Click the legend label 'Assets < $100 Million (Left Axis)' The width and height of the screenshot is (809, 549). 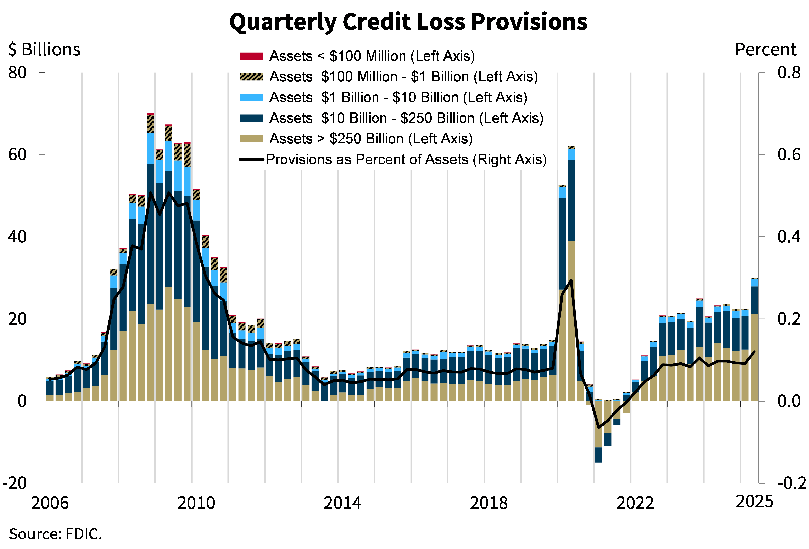[372, 56]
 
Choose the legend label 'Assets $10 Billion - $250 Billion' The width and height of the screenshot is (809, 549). [406, 118]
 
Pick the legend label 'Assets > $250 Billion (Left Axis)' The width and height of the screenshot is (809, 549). [371, 139]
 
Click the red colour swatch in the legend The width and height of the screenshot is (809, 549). [251, 56]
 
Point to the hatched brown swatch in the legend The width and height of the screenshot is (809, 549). [251, 77]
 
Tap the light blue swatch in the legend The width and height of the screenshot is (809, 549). [251, 98]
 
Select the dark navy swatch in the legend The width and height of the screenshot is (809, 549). [251, 118]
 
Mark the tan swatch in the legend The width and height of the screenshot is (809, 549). [251, 139]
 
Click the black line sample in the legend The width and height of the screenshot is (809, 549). [251, 160]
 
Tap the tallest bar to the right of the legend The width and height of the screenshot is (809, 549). [571, 273]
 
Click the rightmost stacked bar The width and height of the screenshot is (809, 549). [754, 340]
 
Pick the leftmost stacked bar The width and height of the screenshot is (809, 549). [50, 389]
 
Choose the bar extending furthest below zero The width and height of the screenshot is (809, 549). [598, 432]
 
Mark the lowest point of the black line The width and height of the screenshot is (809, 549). [599, 427]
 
